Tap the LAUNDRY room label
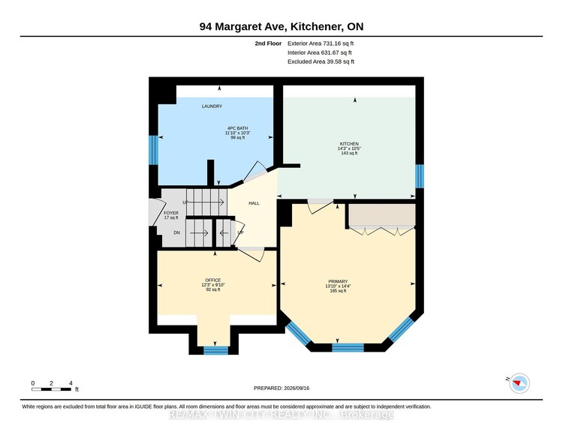coord(212,106)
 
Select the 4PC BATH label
coord(238,128)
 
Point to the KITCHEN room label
coord(349,144)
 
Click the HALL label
coord(254,203)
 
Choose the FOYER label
coord(171,213)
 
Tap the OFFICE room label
coord(213,280)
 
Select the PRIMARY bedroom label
coord(338,281)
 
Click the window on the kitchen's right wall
coord(420,176)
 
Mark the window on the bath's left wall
coord(153,150)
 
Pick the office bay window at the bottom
coord(215,350)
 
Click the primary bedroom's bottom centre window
coord(348,347)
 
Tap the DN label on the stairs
coord(176,232)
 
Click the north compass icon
coord(519,383)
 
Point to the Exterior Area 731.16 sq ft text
coord(321,43)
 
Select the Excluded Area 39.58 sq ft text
coord(321,61)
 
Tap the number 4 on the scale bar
coord(71,383)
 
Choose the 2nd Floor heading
coord(268,43)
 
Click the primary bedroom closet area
coord(382,215)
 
